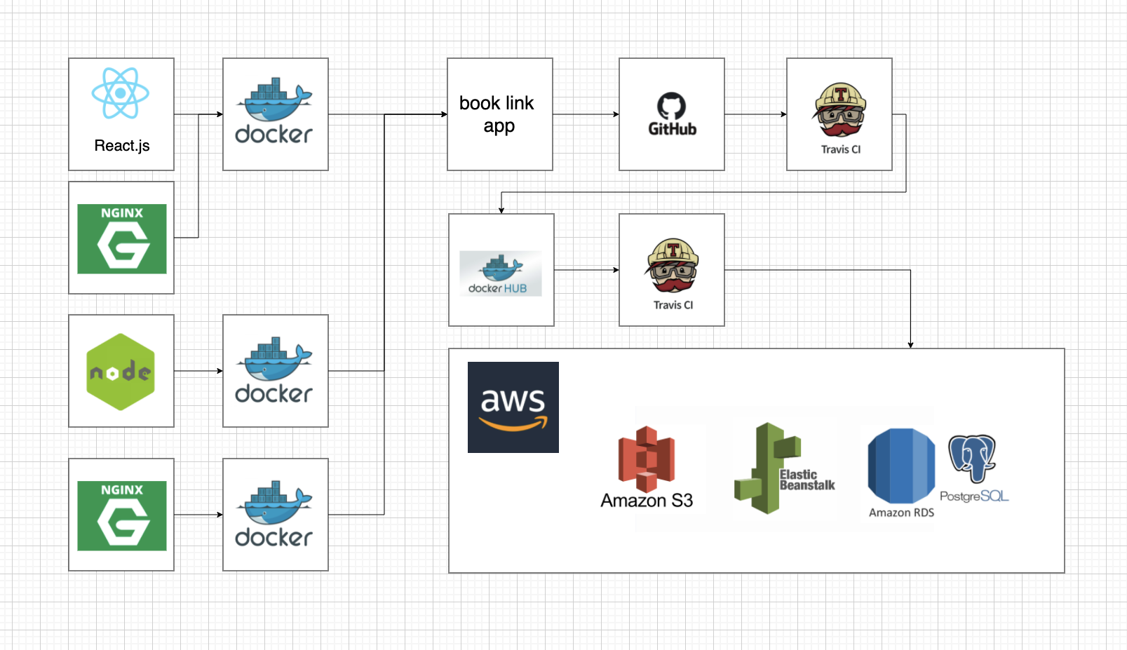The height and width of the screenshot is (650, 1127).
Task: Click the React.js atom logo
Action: point(121,93)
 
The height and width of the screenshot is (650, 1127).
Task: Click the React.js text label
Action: point(122,146)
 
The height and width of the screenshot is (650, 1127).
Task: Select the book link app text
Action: point(497,114)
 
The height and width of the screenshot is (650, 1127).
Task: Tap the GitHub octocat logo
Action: point(671,106)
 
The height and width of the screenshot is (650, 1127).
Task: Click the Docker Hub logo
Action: point(501,273)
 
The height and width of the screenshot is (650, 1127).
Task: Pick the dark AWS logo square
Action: point(513,407)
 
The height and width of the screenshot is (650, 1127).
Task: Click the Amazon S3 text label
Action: point(647,501)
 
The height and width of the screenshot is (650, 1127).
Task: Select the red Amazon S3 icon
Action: point(646,459)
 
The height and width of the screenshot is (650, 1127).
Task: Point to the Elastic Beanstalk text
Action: point(807,480)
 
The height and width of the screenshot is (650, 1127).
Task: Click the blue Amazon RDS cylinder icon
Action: point(901,466)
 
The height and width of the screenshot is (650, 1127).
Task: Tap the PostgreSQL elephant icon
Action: point(972,458)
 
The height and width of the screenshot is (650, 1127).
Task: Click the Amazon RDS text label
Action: point(901,513)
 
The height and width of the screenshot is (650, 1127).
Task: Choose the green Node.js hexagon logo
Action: point(121,372)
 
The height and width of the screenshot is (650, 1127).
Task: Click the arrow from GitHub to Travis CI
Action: point(755,114)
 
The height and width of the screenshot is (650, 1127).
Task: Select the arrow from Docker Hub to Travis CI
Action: point(586,270)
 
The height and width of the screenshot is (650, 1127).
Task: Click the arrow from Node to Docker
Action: point(198,371)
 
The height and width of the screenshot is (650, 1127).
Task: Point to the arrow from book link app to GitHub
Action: point(586,114)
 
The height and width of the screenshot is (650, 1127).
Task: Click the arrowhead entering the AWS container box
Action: point(910,344)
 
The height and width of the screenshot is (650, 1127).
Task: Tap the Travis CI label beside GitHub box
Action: point(840,149)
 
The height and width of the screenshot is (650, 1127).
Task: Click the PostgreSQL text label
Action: point(974,496)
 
